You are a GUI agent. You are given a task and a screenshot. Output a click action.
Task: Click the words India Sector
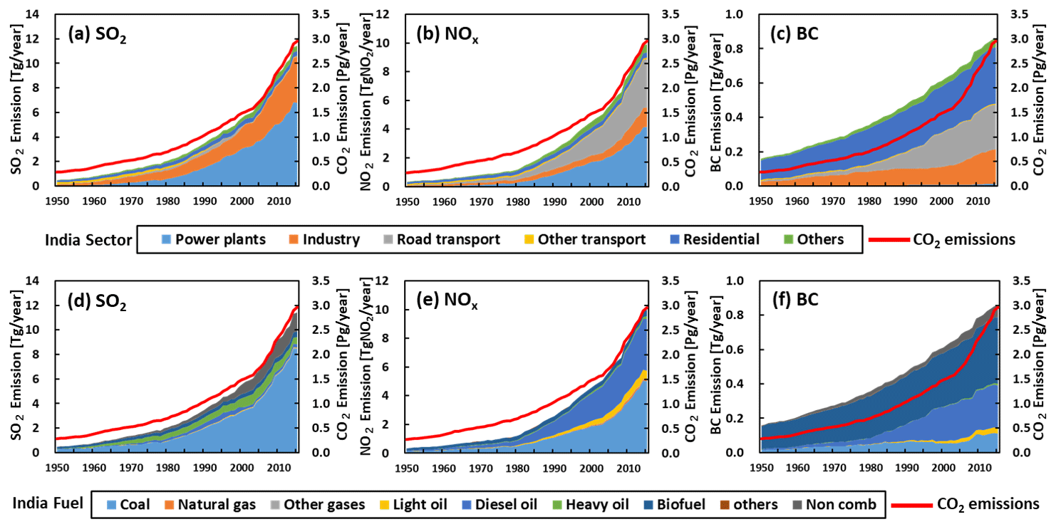point(88,240)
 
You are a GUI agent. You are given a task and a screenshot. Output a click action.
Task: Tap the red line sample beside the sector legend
point(888,240)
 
